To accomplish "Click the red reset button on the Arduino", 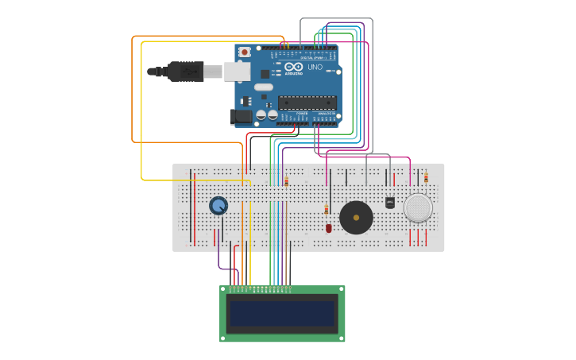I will tap(244, 52).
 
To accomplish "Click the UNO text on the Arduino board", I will tap(315, 67).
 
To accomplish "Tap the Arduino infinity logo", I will tap(293, 67).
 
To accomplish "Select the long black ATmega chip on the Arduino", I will tap(307, 102).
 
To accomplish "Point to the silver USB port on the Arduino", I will tap(236, 72).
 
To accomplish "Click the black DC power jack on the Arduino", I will tap(241, 117).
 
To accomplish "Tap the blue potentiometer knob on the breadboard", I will tap(218, 206).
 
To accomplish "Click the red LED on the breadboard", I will tap(328, 228).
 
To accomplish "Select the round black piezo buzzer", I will tap(356, 217).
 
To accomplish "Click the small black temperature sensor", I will tap(389, 203).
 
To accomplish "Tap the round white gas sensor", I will tap(418, 207).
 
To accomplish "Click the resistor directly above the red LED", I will tap(326, 210).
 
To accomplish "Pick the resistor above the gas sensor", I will tap(426, 178).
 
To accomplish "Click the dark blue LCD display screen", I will tap(282, 314).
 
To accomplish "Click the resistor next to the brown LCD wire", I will tap(286, 182).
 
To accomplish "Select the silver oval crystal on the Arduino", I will tap(264, 87).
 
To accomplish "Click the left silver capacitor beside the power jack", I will tap(261, 116).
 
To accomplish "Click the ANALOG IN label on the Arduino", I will tap(326, 114).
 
